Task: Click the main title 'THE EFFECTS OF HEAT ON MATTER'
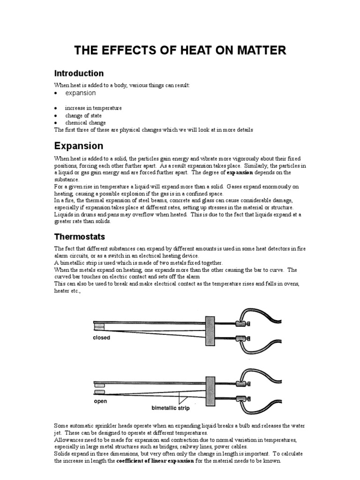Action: click(x=180, y=51)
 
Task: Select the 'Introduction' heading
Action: click(x=79, y=74)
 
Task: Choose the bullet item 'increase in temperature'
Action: click(x=93, y=108)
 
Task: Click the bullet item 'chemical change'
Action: click(x=85, y=123)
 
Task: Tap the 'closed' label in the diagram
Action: click(x=102, y=337)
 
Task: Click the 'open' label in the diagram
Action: click(x=100, y=401)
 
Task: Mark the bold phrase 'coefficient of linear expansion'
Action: click(x=155, y=461)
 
